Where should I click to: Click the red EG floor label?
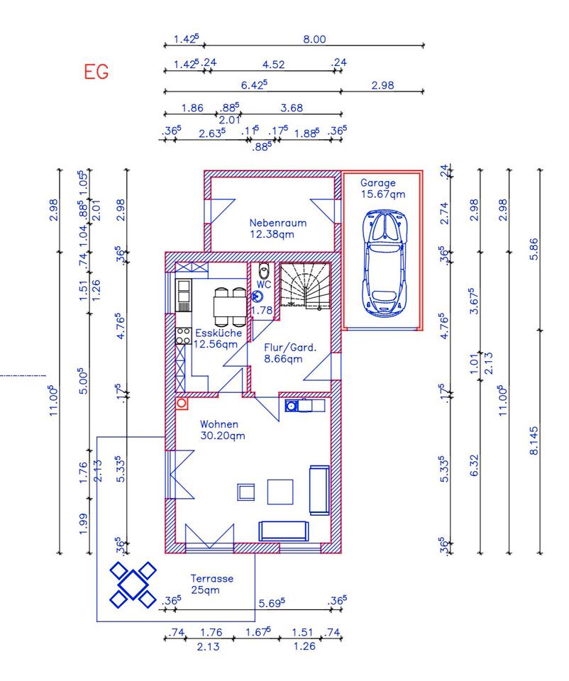point(96,72)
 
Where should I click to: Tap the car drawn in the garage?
point(385,262)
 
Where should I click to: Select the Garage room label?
point(378,183)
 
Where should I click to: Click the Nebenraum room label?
point(278,223)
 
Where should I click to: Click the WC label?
point(264,284)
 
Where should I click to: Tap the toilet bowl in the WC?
point(263,272)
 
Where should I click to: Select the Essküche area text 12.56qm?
point(216,345)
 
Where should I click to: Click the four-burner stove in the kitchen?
point(183,336)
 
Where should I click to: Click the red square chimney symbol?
point(182,404)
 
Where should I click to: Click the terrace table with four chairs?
point(133,585)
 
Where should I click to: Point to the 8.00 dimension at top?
point(314,39)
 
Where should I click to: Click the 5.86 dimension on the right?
point(534,249)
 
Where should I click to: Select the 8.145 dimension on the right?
point(534,441)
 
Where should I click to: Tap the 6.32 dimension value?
point(474,465)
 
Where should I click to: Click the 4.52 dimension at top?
point(274,65)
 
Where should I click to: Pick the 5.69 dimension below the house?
point(272,603)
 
